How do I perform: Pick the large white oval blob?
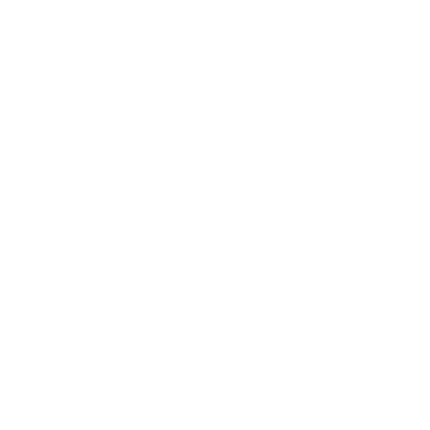218,131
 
